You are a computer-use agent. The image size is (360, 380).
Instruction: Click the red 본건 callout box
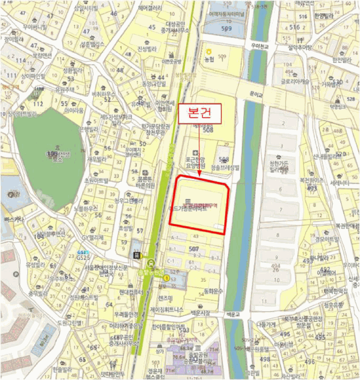[x=199, y=113]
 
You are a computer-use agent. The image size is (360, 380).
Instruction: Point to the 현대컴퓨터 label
[x=128, y=292]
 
